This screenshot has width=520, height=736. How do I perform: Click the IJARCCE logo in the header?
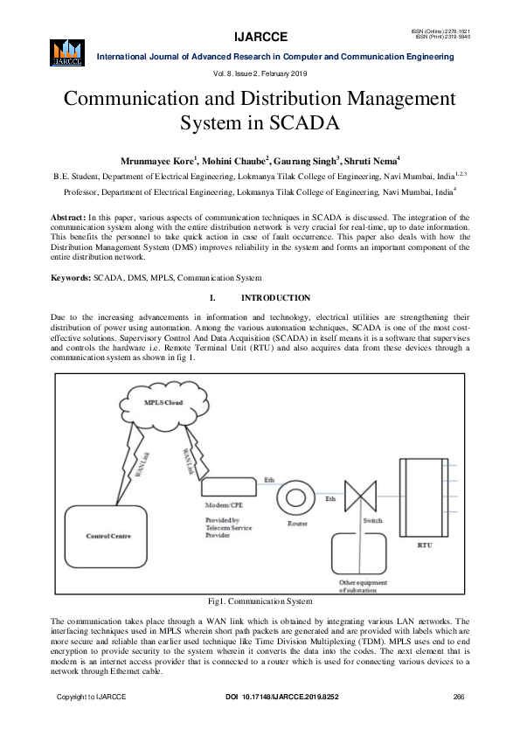point(67,52)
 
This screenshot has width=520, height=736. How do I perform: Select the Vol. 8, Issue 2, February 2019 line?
point(260,73)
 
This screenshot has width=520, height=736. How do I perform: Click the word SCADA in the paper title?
point(302,122)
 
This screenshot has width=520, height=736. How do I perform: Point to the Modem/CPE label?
point(222,506)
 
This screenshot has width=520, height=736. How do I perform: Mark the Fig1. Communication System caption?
point(260,601)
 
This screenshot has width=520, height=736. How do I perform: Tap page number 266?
point(458,697)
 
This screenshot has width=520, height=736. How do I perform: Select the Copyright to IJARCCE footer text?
point(92,697)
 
